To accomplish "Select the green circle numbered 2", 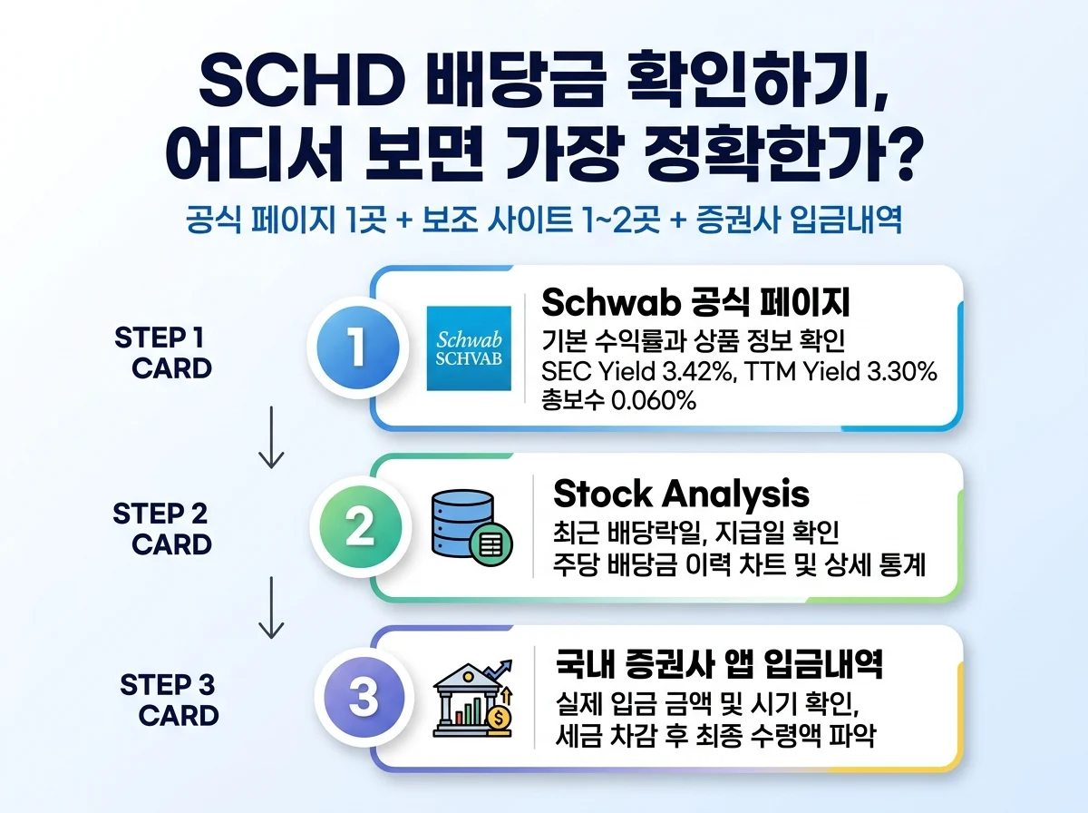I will click(x=359, y=526).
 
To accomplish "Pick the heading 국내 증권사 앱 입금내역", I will click(x=718, y=665).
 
